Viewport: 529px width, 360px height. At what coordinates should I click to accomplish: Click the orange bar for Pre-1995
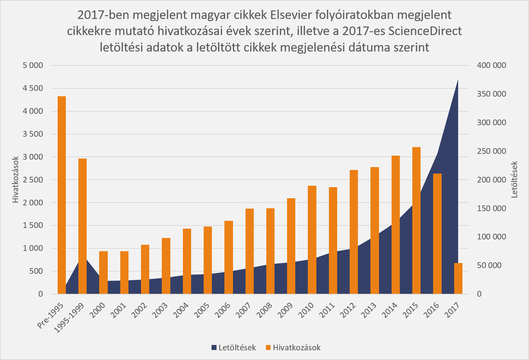(62, 195)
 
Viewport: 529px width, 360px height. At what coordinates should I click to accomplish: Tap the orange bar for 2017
(458, 278)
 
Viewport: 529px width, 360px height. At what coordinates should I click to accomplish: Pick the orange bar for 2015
(416, 220)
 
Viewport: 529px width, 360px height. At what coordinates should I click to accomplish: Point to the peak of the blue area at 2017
(458, 80)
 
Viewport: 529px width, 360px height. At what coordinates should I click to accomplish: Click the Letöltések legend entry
(233, 347)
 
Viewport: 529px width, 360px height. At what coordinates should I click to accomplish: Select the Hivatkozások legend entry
(293, 347)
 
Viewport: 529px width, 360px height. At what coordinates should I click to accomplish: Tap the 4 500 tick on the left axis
(33, 88)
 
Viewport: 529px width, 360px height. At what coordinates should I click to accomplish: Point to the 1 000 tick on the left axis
(33, 248)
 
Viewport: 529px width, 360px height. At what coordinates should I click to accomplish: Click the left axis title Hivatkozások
(15, 180)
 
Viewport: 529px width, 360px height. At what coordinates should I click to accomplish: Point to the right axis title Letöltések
(515, 180)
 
